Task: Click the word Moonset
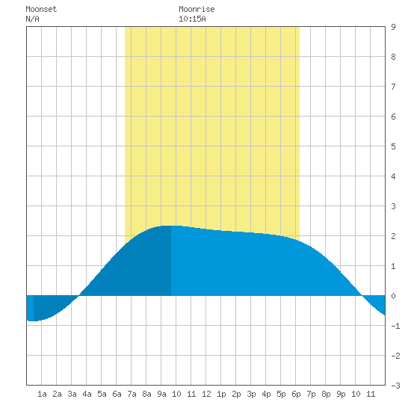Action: tap(41, 9)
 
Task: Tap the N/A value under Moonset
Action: tap(32, 19)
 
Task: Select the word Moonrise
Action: tap(197, 9)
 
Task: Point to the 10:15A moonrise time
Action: tap(192, 19)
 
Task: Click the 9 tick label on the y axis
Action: tap(393, 27)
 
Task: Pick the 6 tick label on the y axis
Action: tap(393, 117)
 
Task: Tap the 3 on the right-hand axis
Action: tap(393, 206)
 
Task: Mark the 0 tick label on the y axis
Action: tap(393, 296)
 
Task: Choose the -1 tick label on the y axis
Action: tap(395, 326)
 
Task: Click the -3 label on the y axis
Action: tap(395, 386)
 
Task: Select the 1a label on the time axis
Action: tap(42, 394)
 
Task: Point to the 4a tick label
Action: tap(87, 394)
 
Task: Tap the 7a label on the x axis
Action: tap(132, 394)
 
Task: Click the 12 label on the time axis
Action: tap(206, 394)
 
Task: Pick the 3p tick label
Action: tap(251, 394)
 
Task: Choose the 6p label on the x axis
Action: tap(296, 394)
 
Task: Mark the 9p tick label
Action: tap(341, 394)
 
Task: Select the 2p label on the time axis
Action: tap(236, 394)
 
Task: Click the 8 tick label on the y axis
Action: tap(393, 57)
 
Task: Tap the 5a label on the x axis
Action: tap(102, 394)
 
